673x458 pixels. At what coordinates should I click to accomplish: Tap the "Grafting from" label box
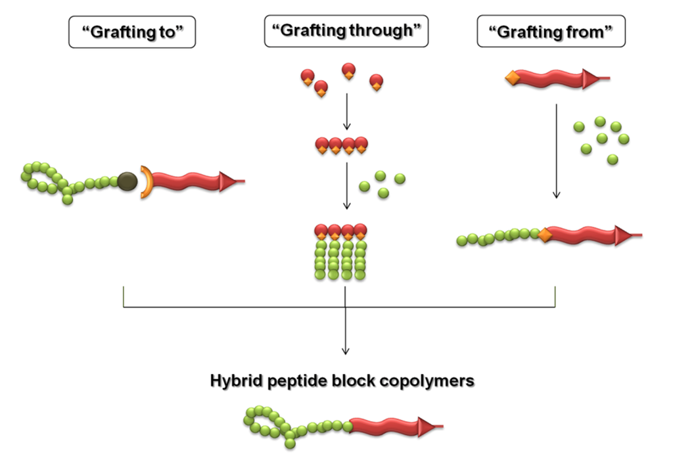[551, 32]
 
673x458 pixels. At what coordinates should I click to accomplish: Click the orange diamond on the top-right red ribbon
[511, 80]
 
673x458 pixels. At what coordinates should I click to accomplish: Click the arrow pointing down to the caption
[346, 329]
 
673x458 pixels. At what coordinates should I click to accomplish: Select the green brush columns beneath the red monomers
[340, 260]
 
